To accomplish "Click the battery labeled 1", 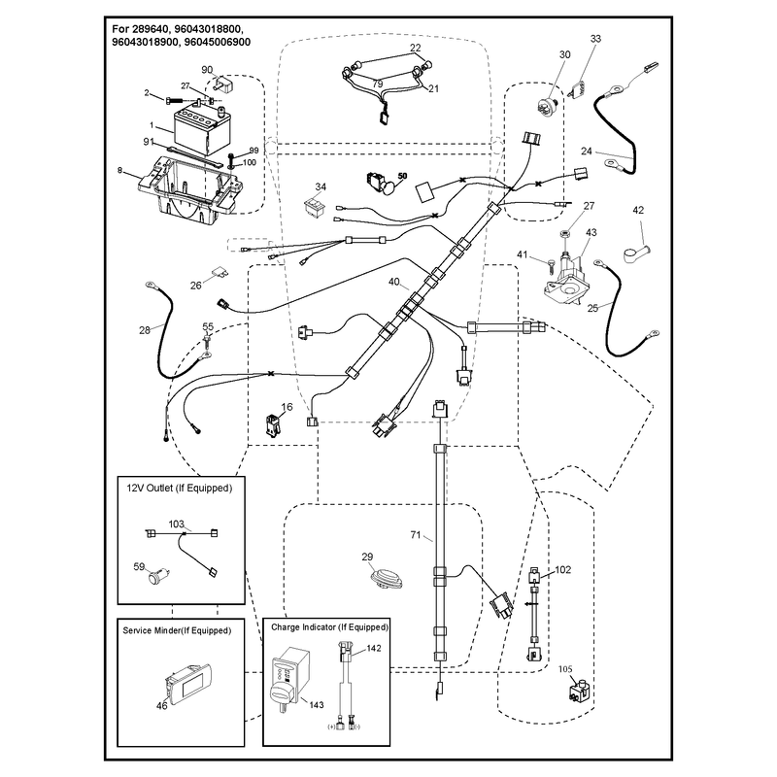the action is (x=202, y=130).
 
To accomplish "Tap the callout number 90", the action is (x=207, y=70).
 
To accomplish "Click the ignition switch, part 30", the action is (x=549, y=105).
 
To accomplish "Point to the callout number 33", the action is (x=595, y=39).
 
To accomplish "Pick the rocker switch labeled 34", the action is (x=314, y=206).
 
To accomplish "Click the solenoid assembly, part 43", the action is (x=565, y=281).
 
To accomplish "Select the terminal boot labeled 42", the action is (x=636, y=253).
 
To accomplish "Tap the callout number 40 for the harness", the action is (x=393, y=282).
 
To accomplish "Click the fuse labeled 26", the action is (x=220, y=272).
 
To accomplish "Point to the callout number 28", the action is (x=144, y=330).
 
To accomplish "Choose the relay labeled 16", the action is (x=273, y=425).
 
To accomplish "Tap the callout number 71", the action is (x=416, y=535).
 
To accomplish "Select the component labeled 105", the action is (x=580, y=692).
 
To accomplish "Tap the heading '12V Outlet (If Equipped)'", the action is (x=180, y=489).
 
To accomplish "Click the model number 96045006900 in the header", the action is (x=217, y=42).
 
